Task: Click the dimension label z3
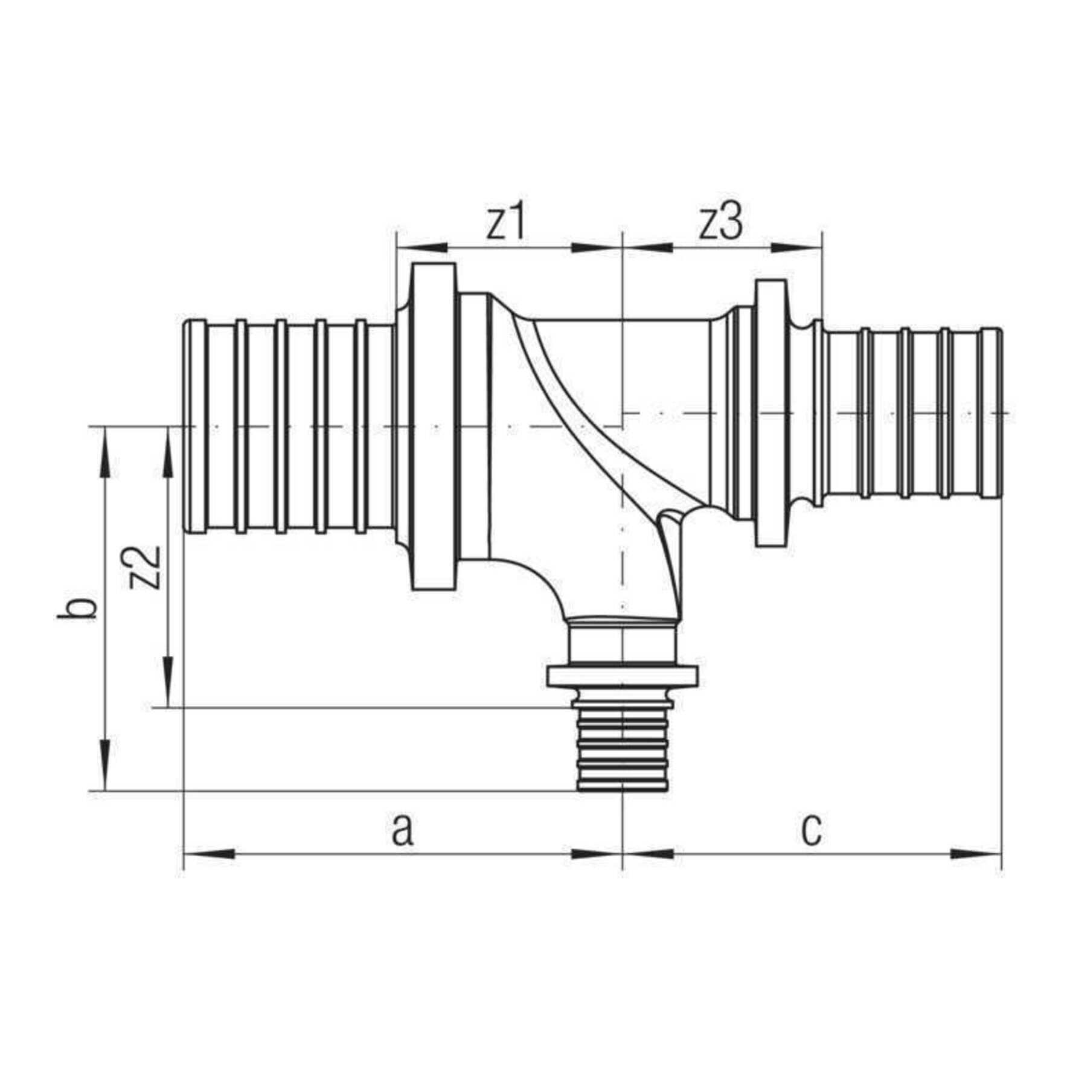(721, 224)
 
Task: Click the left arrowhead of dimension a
(209, 854)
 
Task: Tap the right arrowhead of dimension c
(975, 854)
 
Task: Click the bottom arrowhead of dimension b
(106, 764)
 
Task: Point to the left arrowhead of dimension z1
(421, 247)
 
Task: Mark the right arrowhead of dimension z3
(796, 247)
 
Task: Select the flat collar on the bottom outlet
(622, 676)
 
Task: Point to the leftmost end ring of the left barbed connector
(194, 426)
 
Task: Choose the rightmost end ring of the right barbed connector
(990, 413)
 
